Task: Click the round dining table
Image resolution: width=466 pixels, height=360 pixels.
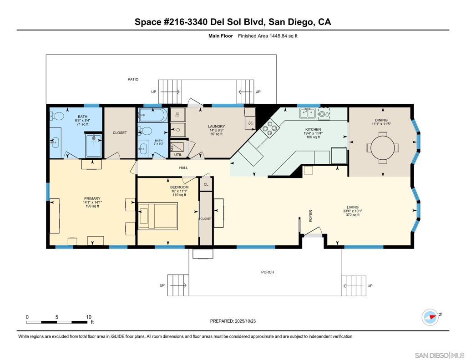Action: pos(381,148)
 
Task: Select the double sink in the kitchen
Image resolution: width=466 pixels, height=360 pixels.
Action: pos(307,113)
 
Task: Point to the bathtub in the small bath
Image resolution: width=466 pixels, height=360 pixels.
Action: pos(152,114)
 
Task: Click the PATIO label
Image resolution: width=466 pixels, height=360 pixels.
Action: pos(133,79)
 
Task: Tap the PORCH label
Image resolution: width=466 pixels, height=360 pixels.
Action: pos(268,272)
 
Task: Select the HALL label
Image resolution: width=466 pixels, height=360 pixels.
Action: pos(183,168)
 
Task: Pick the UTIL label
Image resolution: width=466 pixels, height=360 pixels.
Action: pos(178,155)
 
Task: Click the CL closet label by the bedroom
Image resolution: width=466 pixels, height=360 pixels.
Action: pos(206,184)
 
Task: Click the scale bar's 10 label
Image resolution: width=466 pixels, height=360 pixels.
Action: pos(89,317)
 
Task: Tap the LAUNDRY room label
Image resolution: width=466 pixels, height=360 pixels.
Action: pos(216,127)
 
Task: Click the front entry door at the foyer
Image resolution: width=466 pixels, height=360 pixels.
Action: pos(313,234)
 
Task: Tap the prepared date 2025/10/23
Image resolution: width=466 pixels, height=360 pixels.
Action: pos(233,321)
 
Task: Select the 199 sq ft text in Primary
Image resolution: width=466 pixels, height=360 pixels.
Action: pos(92,206)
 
